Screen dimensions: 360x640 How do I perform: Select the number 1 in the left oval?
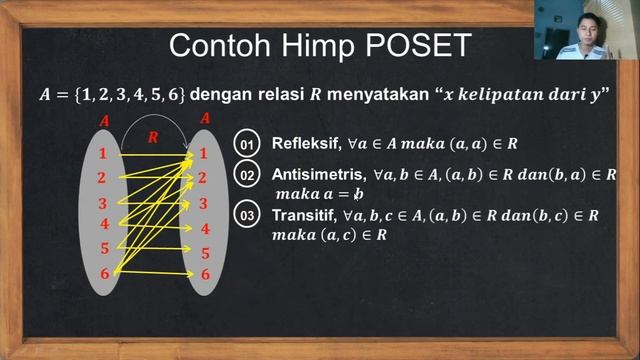pyautogui.click(x=103, y=153)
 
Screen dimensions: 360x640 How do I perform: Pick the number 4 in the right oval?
pyautogui.click(x=205, y=228)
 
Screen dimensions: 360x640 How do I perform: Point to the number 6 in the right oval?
pyautogui.click(x=205, y=274)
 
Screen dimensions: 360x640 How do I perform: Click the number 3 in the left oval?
pyautogui.click(x=103, y=203)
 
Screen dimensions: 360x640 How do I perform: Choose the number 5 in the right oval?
pyautogui.click(x=205, y=253)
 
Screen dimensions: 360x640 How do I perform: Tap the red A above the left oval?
pyautogui.click(x=103, y=121)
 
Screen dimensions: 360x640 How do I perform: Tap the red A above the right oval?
pyautogui.click(x=205, y=118)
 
